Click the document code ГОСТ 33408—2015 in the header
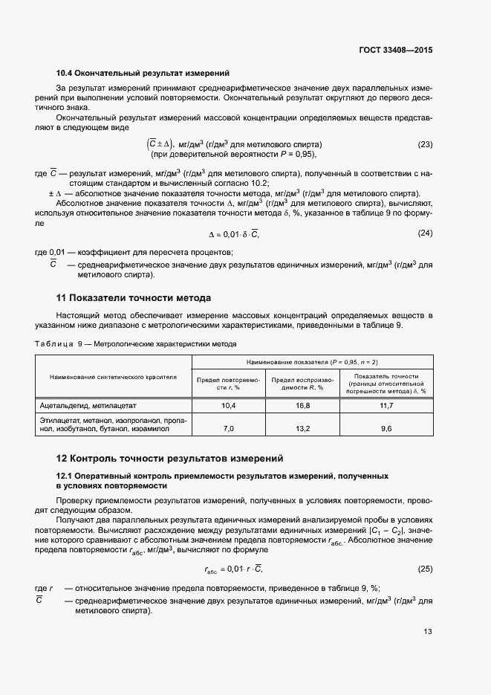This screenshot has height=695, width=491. point(394,51)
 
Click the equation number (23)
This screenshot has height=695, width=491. point(425,144)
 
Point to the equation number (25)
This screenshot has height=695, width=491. point(425,569)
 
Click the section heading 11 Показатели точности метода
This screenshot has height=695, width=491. point(134,298)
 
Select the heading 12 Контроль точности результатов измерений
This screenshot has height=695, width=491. point(170,458)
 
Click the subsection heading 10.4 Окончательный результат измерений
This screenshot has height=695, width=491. point(143,73)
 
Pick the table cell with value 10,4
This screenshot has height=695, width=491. point(229,406)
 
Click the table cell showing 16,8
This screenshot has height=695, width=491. point(302,406)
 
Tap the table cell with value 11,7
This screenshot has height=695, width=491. point(386,406)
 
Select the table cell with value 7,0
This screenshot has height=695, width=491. point(229,429)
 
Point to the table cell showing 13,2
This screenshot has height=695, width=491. point(302,429)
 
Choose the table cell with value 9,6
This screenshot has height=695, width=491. point(386,429)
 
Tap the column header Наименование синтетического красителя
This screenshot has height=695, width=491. point(113,377)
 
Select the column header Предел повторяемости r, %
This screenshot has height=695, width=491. point(229,384)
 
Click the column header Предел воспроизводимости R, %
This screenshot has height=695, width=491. point(302,384)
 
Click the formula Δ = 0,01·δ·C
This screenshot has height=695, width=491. point(233,234)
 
